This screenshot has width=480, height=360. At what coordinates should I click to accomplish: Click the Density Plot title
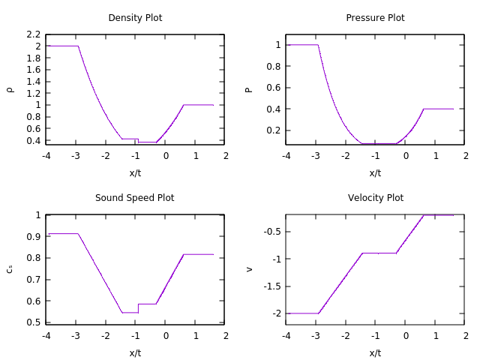pos(135,18)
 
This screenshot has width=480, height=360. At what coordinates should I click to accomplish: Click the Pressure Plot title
pos(375,18)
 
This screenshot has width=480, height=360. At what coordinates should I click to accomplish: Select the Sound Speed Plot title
pos(135,198)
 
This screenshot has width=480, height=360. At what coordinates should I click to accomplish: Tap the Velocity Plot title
pos(375,198)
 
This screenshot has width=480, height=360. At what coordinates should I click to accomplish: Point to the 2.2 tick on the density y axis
pos(33,34)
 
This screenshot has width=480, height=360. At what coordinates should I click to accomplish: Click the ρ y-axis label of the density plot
pos(10,89)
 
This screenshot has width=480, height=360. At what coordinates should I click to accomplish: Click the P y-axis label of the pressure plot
pos(250,89)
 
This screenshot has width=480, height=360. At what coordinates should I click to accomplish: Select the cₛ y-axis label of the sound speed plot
pos(10,269)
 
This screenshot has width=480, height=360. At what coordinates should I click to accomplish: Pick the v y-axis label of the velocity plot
pos(250,269)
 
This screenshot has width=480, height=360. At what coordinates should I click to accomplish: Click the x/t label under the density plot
pos(135,172)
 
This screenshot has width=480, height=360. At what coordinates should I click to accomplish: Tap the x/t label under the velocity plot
pos(375,352)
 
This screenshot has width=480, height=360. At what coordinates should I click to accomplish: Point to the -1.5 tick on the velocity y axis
pos(272,286)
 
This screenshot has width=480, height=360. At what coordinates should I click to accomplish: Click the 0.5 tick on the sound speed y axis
pos(33,322)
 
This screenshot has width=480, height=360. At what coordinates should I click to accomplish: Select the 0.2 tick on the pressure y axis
pos(273,130)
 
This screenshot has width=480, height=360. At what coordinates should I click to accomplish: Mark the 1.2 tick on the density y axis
pos(33,94)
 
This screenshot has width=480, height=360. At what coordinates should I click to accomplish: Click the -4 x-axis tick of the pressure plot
pos(286,156)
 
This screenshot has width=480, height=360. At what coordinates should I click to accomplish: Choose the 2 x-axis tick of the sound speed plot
pos(226,336)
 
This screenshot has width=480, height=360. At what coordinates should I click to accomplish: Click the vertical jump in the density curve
pos(138,140)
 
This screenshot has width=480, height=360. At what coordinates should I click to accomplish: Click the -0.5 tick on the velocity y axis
pos(272,231)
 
